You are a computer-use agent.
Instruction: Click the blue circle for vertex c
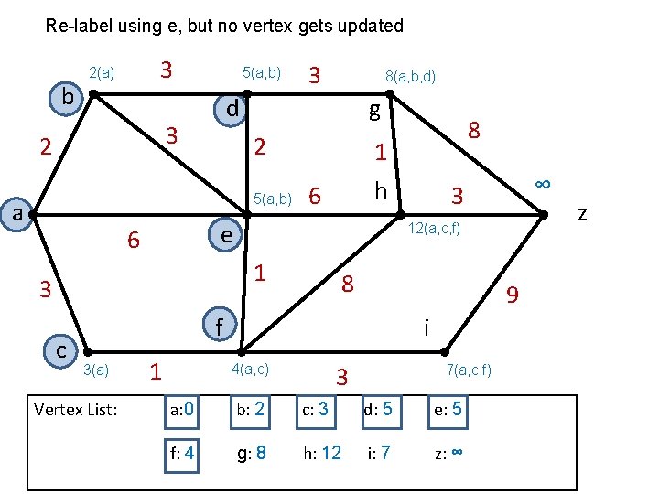coord(60,349)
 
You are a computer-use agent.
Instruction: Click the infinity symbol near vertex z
coord(543,183)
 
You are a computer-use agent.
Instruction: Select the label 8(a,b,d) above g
coord(410,79)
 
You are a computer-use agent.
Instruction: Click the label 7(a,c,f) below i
coord(469,370)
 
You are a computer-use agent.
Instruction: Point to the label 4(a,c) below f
coord(252,370)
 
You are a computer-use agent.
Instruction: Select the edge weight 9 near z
coord(513,295)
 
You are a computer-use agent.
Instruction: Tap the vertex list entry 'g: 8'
coord(252,452)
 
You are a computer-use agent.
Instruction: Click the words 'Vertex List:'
coord(75,409)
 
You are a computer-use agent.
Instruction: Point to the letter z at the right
coord(582,213)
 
